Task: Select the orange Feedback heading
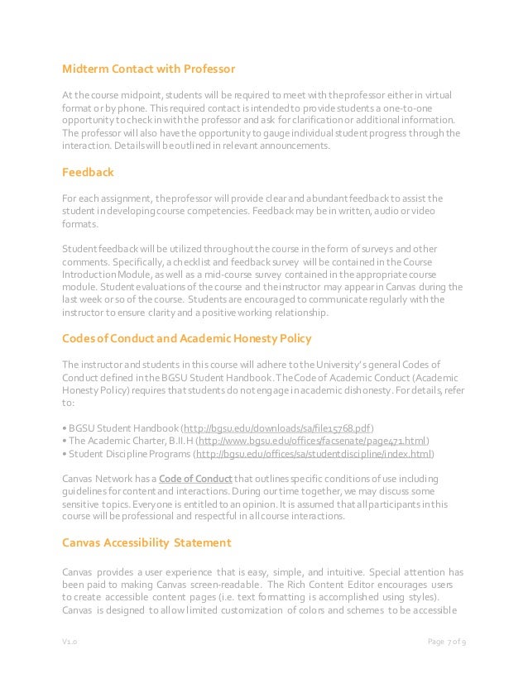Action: tap(89, 173)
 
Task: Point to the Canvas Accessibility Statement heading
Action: tap(146, 542)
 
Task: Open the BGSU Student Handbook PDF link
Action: tap(278, 427)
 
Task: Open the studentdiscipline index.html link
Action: tap(314, 454)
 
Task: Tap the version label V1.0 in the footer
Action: tap(70, 642)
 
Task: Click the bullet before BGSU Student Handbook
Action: tap(65, 427)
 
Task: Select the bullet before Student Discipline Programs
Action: tap(65, 454)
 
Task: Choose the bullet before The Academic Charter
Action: tap(65, 441)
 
